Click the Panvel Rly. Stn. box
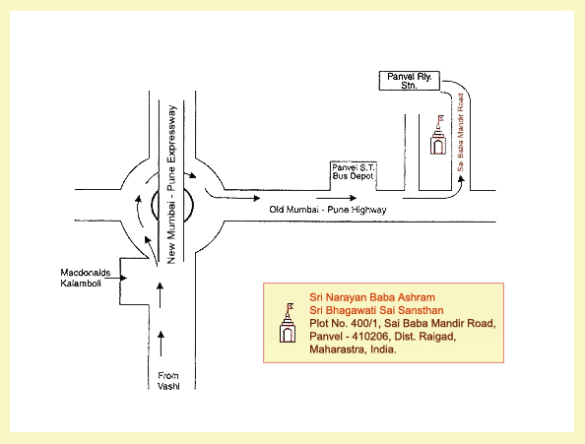click(x=410, y=81)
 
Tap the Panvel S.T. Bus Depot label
click(x=354, y=172)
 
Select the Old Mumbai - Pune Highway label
click(x=328, y=210)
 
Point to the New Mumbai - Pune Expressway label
click(x=171, y=184)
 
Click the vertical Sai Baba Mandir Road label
click(x=460, y=133)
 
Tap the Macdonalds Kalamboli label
click(x=86, y=278)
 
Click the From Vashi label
click(x=168, y=381)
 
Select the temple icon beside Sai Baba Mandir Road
click(x=437, y=135)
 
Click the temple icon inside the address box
click(x=288, y=323)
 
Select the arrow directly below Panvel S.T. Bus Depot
click(x=337, y=198)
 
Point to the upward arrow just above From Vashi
click(x=161, y=344)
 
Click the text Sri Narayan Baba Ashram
click(x=372, y=297)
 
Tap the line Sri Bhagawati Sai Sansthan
click(x=376, y=310)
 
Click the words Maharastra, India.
click(x=353, y=349)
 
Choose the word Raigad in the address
click(x=437, y=337)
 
